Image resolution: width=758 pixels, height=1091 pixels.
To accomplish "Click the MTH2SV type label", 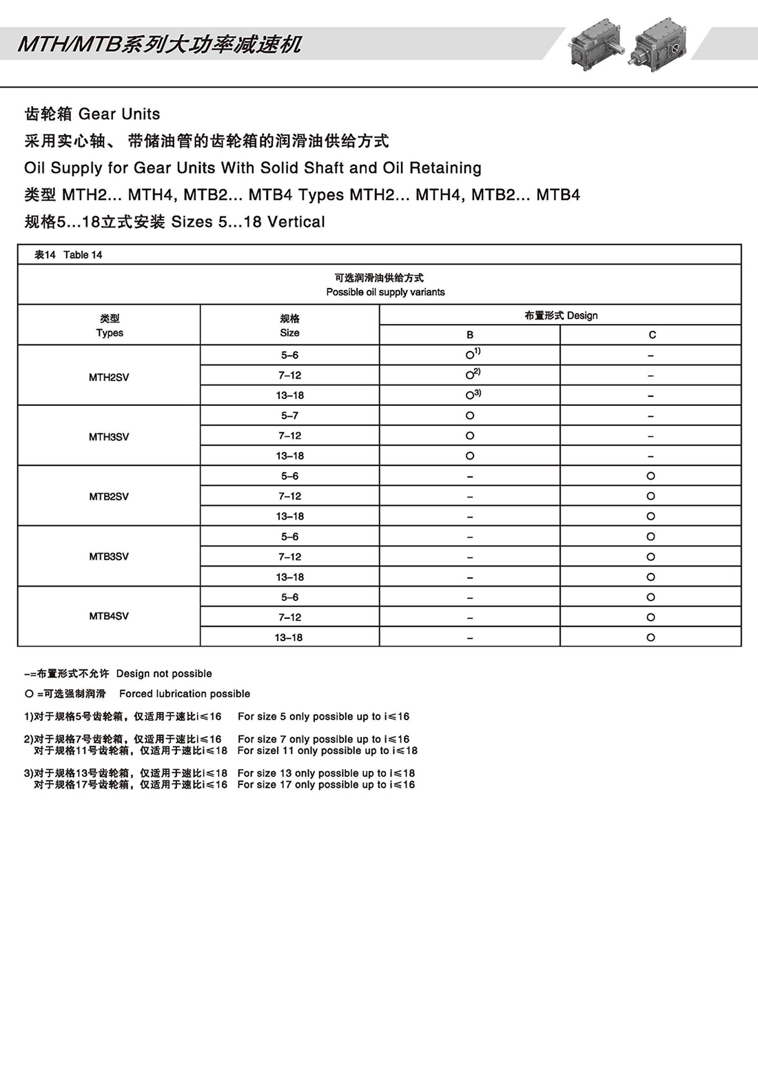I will [x=109, y=377].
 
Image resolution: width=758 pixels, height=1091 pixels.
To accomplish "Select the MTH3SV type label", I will [x=109, y=437].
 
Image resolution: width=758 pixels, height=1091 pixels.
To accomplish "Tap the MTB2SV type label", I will [x=109, y=496].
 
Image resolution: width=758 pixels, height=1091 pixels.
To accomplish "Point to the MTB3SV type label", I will [x=109, y=556].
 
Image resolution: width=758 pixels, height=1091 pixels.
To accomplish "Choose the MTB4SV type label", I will [x=109, y=616].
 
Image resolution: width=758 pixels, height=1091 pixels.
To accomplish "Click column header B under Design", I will [x=470, y=335].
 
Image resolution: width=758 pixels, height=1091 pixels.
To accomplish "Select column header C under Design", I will [x=652, y=335].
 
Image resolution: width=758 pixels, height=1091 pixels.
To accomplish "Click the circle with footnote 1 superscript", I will [x=471, y=355].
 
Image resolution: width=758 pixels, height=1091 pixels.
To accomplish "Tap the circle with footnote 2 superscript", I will [x=471, y=375].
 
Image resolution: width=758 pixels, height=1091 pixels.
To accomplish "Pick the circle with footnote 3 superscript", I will [x=471, y=395].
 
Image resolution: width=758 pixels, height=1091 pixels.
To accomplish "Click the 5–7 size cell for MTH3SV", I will [x=289, y=416].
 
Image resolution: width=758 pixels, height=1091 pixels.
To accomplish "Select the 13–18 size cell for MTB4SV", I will [x=289, y=638].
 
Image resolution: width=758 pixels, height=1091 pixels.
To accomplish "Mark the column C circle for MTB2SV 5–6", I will [x=651, y=476].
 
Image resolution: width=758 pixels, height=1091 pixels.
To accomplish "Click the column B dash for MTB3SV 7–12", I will [x=470, y=557].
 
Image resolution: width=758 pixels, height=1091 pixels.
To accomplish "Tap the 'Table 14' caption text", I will [x=83, y=255].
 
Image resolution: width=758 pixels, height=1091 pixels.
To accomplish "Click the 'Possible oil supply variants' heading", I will [x=385, y=292].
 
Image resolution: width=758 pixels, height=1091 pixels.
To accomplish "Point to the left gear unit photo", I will [x=595, y=45].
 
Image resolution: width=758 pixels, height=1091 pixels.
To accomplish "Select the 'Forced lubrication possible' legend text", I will [x=185, y=694].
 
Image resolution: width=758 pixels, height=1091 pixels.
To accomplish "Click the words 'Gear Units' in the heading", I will [x=119, y=114].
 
